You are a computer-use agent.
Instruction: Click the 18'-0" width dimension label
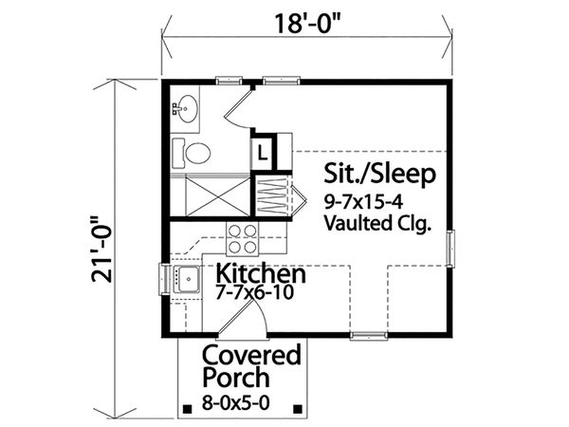point(307,24)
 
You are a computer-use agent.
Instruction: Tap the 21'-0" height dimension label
point(102,250)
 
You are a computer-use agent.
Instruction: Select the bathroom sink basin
point(187,108)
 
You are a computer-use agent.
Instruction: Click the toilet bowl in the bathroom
point(198,153)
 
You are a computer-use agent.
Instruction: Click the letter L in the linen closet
point(263,153)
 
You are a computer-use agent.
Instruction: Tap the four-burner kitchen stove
point(243,238)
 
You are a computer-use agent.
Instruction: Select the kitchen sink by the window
point(187,279)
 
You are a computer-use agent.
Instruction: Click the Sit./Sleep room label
point(379,174)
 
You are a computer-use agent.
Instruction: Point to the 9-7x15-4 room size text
point(363,202)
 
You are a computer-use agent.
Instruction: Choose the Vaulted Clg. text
point(377,223)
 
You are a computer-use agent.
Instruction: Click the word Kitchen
point(261,273)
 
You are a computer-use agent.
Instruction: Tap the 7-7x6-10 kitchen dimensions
point(254,292)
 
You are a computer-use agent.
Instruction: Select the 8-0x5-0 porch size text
point(236,402)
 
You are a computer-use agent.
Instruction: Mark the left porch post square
point(187,409)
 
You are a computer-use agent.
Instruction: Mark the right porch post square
point(298,409)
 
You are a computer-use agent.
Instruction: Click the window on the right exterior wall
point(450,249)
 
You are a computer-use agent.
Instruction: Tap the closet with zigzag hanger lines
point(272,197)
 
